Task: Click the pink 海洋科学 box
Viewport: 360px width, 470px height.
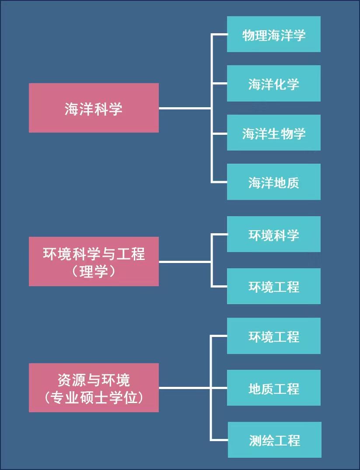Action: [x=94, y=108]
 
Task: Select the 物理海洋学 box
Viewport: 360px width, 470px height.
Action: [x=273, y=34]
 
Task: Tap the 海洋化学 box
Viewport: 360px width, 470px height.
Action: [x=273, y=83]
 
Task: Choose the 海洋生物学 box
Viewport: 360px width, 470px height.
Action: [x=273, y=133]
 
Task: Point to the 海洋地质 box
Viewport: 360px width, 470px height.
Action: [x=273, y=182]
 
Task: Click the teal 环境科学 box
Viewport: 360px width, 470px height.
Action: [x=273, y=234]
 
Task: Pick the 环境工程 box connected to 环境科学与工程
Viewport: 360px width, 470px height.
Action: [x=273, y=286]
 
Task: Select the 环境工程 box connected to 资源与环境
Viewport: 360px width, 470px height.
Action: [x=273, y=336]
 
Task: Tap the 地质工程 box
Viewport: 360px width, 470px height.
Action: [x=273, y=388]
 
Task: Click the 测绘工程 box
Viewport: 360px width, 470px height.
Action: [x=274, y=440]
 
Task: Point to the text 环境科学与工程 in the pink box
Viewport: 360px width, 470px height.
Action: [x=94, y=254]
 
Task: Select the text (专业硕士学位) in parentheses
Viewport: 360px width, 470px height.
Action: [x=94, y=397]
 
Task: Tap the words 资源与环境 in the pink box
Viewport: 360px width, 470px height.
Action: [x=94, y=380]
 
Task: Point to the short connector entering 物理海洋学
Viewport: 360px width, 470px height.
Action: [x=219, y=34]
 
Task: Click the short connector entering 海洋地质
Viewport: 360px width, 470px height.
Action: [x=219, y=182]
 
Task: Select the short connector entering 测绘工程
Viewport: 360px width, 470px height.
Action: [x=220, y=440]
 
